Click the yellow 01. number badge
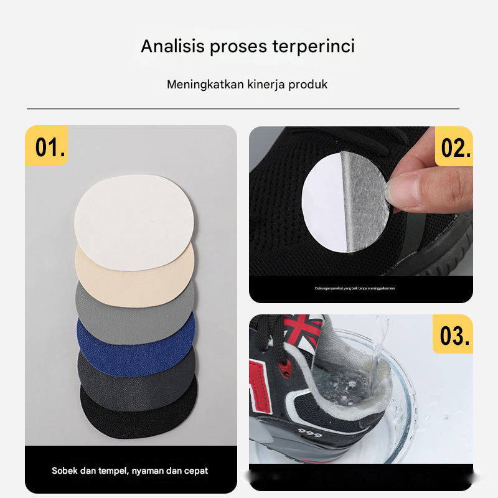click(48, 147)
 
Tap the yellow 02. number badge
click(454, 148)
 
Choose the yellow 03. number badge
click(453, 335)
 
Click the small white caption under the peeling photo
click(355, 288)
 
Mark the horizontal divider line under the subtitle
click(243, 109)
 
